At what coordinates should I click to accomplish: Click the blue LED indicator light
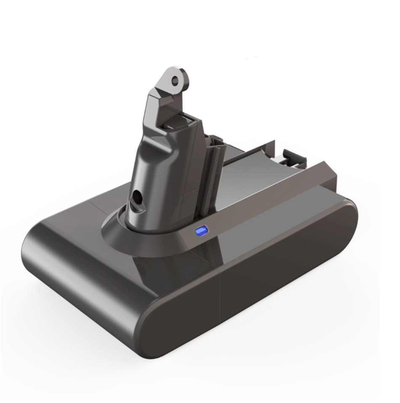tap(202, 231)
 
